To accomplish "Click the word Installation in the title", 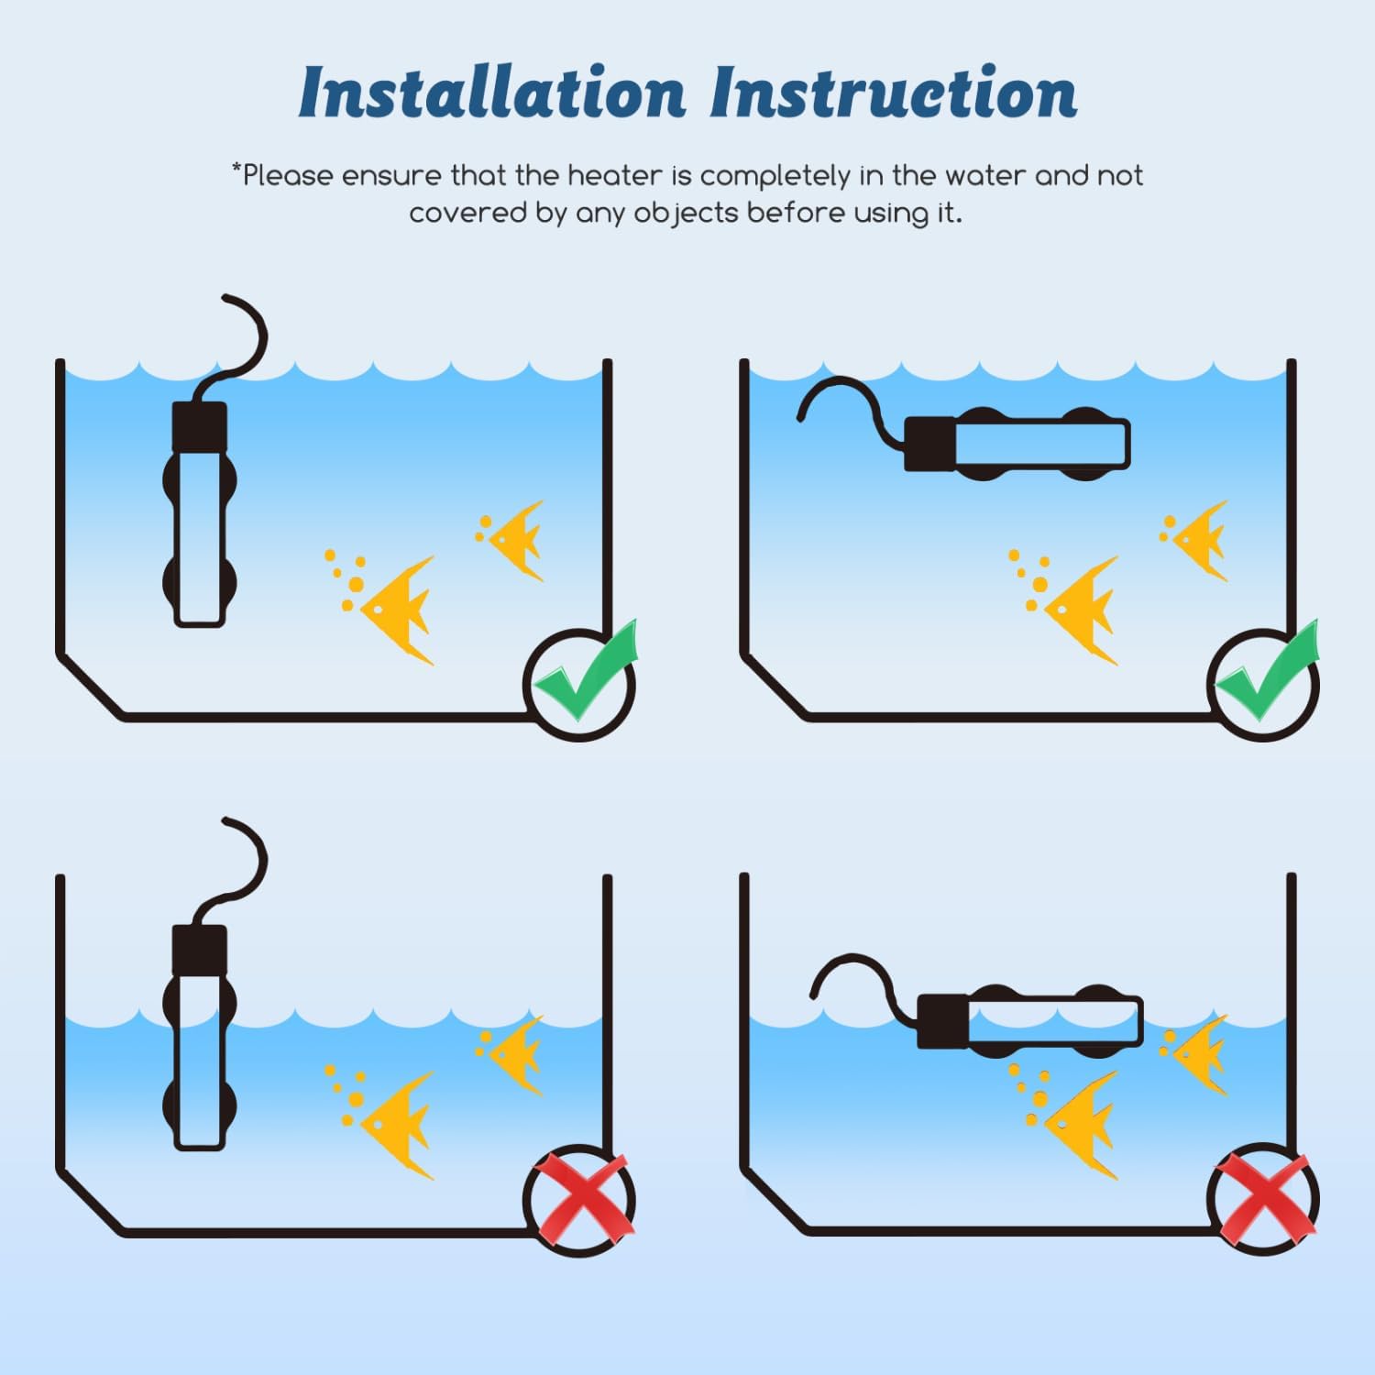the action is point(492,93).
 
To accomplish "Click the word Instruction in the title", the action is point(894,93).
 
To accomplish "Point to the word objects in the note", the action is point(686,214).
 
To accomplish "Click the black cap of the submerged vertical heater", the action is point(200,424).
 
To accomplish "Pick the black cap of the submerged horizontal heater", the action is point(929,445).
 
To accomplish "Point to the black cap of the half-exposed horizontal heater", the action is point(942,1021).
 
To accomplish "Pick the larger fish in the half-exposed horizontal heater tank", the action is point(1083,1124).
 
